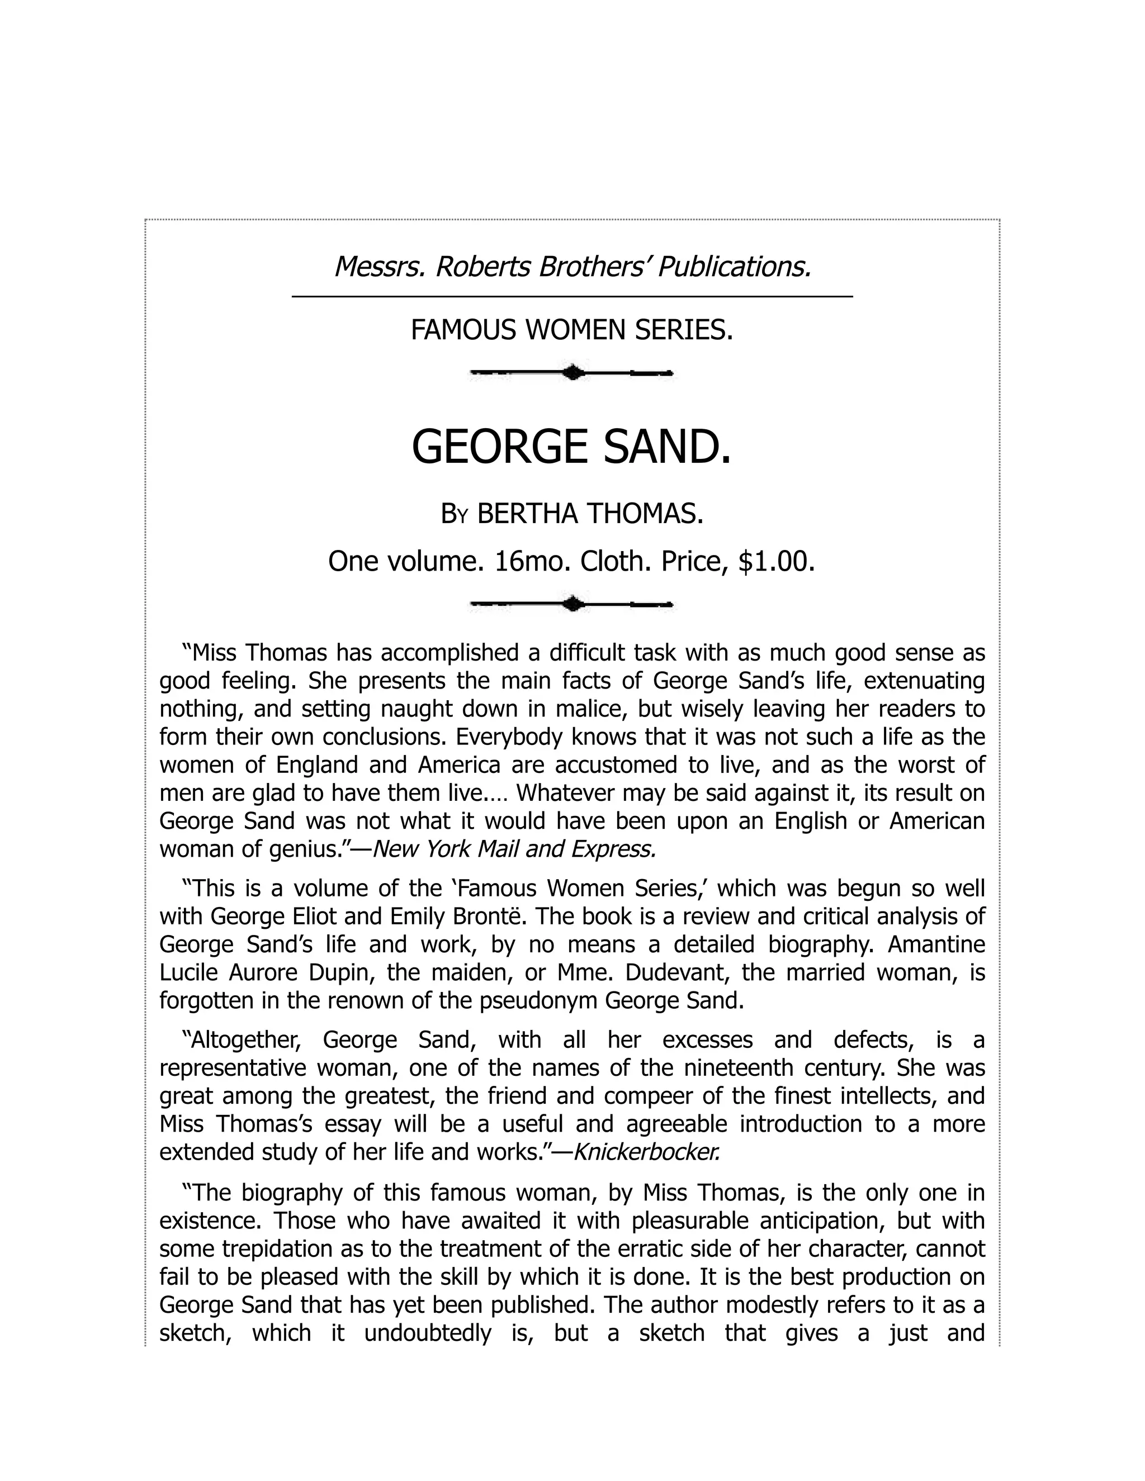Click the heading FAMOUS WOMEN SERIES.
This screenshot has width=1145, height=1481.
572,330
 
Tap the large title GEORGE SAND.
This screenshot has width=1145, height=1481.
572,447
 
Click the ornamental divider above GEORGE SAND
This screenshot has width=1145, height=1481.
572,372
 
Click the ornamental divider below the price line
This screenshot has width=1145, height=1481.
572,604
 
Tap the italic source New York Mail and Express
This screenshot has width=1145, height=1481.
515,849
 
